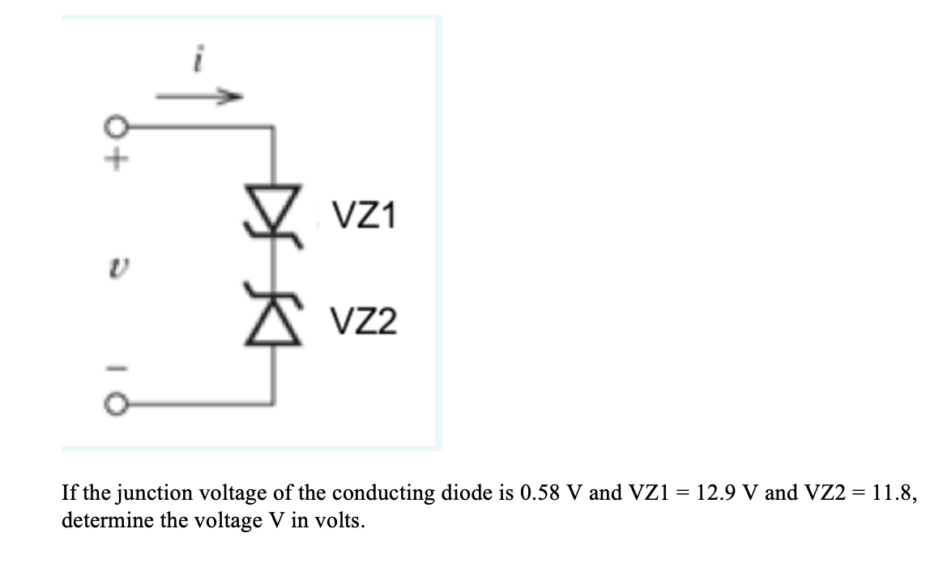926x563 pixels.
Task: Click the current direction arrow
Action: [x=199, y=97]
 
